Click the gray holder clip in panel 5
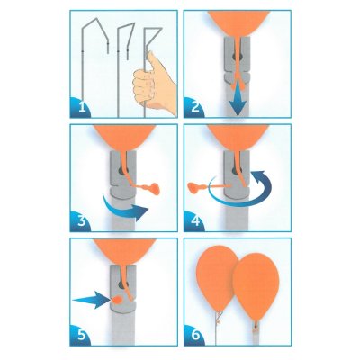point(121,310)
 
